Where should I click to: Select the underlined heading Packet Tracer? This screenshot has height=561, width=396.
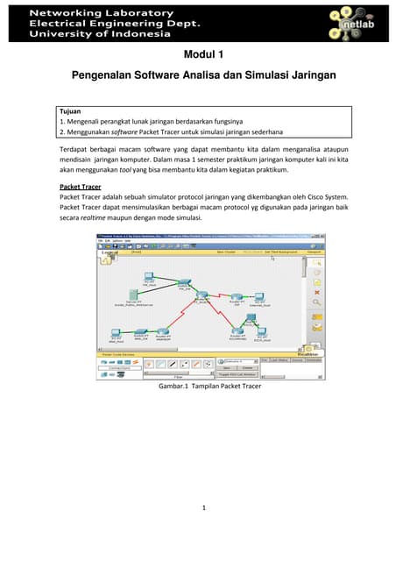coord(78,187)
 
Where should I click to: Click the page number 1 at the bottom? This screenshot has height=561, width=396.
coord(203,507)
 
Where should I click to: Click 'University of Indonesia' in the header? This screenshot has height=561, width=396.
coord(101,33)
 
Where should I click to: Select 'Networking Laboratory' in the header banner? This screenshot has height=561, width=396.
coord(103,12)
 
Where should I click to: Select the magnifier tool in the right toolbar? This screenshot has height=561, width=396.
coord(316,302)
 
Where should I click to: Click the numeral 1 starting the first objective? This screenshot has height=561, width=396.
coord(60,122)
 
